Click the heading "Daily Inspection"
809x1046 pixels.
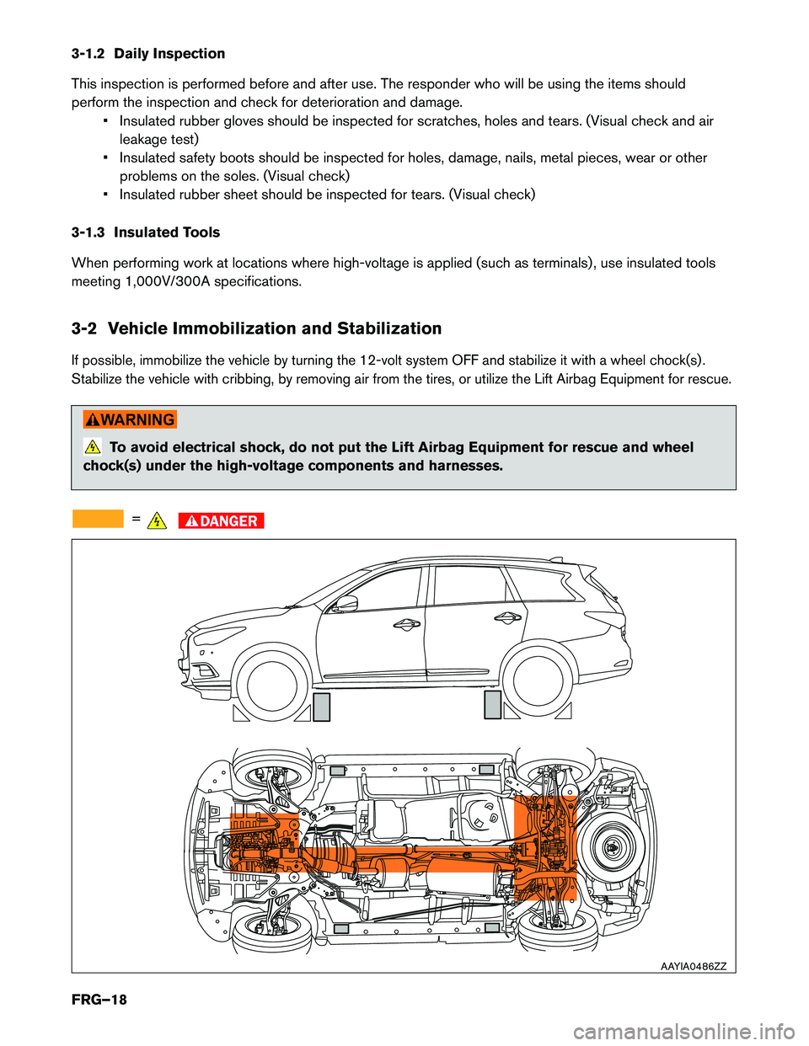(169, 54)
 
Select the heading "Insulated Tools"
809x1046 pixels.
(167, 232)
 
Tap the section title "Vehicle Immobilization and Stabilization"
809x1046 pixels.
(275, 328)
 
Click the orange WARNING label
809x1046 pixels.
(130, 419)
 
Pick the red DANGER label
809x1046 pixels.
(222, 521)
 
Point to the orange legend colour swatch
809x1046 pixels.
(98, 519)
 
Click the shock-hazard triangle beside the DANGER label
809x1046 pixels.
(157, 521)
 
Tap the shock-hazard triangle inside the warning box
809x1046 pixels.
(92, 447)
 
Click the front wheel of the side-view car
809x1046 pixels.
(272, 682)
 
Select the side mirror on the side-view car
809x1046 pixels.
(346, 603)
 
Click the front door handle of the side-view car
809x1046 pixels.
(406, 625)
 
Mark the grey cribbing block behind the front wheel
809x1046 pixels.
(321, 707)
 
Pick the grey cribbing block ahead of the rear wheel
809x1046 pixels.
(493, 704)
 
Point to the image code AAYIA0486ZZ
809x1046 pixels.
(693, 966)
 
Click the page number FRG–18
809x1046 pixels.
(99, 1000)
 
